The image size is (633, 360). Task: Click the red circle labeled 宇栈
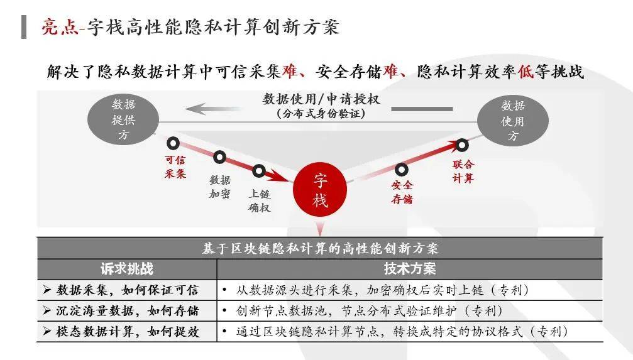[321, 190]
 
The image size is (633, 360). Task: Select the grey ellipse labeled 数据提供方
[124, 119]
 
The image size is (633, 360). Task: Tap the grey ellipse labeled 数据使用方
[512, 120]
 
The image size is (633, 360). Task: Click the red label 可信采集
[175, 167]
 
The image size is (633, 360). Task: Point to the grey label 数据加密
[220, 187]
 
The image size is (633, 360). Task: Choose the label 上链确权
[259, 200]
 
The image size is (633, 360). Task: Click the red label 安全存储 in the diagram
[402, 192]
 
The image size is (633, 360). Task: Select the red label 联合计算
[463, 172]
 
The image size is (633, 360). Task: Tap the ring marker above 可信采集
[173, 143]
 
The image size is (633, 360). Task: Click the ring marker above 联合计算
[462, 145]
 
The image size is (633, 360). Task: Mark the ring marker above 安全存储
[401, 169]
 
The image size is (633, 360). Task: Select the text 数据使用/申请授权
[321, 99]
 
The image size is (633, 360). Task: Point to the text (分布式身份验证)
[321, 114]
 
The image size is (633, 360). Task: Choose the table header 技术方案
[409, 269]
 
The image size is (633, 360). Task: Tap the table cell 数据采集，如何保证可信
[127, 290]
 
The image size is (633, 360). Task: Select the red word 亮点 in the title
[59, 27]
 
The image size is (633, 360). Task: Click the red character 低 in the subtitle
[526, 72]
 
